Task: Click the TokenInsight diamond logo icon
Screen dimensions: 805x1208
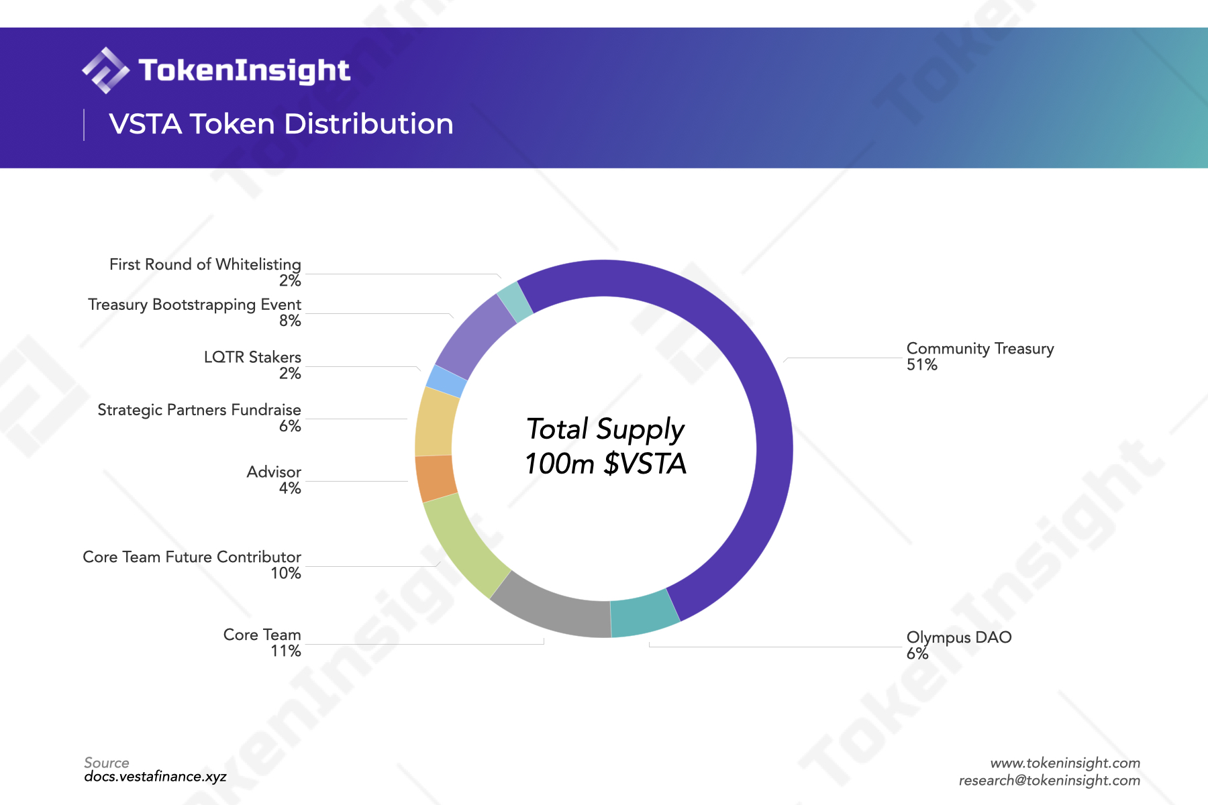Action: (x=105, y=70)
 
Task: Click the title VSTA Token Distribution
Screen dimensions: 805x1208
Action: (x=281, y=124)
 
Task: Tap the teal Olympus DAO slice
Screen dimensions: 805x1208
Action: (x=644, y=616)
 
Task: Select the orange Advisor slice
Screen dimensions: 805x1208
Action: (x=436, y=478)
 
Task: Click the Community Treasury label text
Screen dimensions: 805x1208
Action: (x=980, y=348)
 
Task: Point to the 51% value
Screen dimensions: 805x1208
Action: (x=921, y=365)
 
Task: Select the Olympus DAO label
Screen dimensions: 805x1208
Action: (x=958, y=637)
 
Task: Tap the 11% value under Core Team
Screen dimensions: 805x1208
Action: (x=286, y=651)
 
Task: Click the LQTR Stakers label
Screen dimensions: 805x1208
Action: (x=252, y=357)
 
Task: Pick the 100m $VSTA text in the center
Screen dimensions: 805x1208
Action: (x=605, y=464)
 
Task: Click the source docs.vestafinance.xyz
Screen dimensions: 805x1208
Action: (x=155, y=776)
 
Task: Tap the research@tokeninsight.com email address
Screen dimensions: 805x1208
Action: (x=1049, y=780)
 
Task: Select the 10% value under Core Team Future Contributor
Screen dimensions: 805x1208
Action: (x=286, y=573)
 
